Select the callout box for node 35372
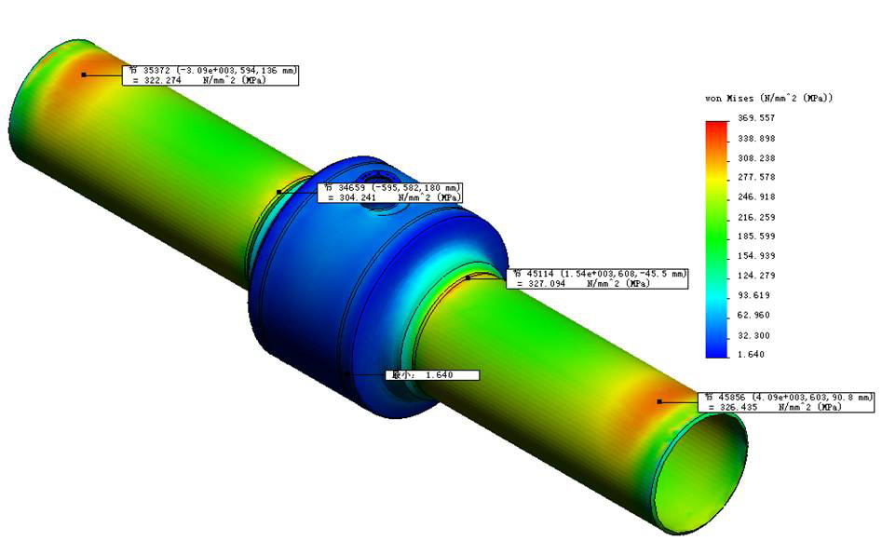coord(210,75)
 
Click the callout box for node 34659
coord(391,193)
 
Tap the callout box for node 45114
coord(596,278)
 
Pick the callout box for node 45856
coord(786,401)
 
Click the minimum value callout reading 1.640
coord(432,375)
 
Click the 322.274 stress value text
coord(159,81)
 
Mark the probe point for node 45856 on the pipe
coord(658,401)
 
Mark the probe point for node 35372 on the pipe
coord(84,74)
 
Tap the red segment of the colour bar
coord(716,130)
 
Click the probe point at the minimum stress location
coord(348,374)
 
